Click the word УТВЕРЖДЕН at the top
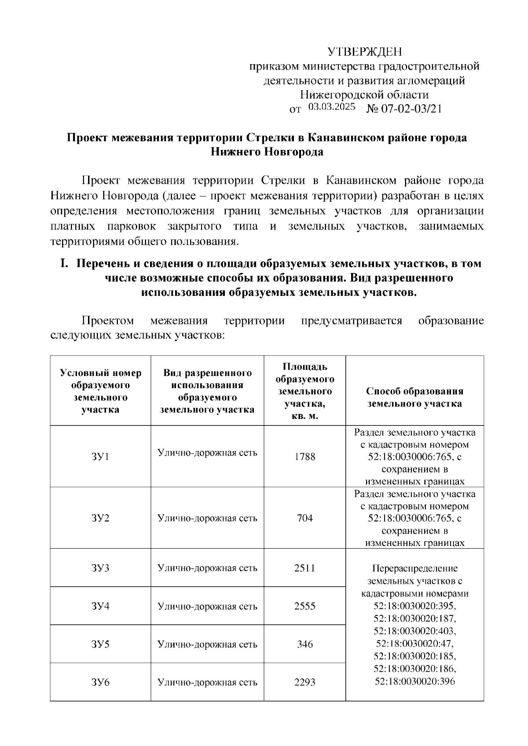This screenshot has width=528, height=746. coord(365,52)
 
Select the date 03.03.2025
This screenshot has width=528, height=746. coord(331,107)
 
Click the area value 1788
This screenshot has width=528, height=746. coord(304,457)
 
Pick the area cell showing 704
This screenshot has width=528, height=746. coord(304,518)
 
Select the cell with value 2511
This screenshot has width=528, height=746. coord(304,568)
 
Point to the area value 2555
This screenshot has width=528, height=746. coord(304,606)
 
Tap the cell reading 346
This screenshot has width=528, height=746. coord(304,644)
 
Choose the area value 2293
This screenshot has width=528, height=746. coord(304,683)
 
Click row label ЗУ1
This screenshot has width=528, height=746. coord(100,457)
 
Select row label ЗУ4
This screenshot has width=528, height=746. coord(100,606)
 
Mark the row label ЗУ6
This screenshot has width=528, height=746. coord(100,683)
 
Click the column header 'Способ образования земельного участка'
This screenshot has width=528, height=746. coord(414,397)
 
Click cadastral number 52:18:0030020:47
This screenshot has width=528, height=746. coord(414,644)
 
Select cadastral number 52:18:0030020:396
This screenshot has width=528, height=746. coord(414,681)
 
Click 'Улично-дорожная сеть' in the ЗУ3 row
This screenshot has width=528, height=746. coord(207,568)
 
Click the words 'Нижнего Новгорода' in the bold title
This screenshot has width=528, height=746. coord(267,152)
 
